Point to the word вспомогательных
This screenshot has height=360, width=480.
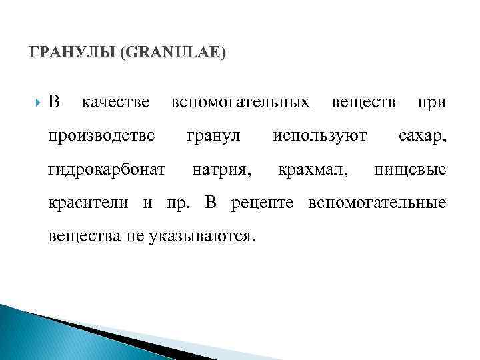click(x=240, y=103)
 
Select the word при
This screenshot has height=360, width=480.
click(x=431, y=103)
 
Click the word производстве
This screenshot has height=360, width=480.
click(x=102, y=137)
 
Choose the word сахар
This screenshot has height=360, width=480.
click(x=422, y=137)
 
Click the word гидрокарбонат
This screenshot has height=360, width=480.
click(x=107, y=170)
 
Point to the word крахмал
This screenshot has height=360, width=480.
click(x=313, y=170)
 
